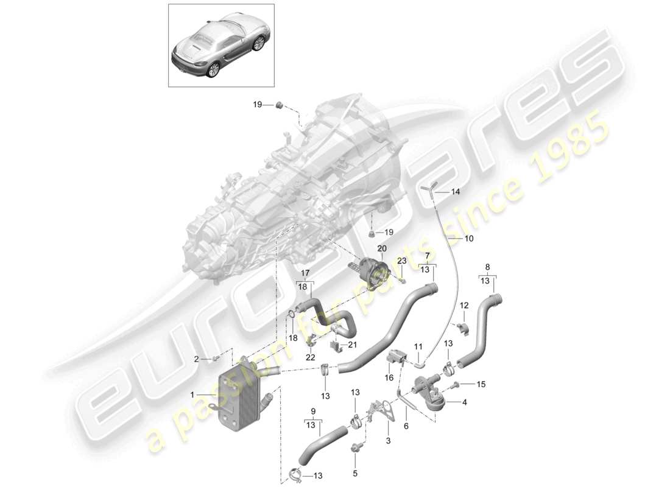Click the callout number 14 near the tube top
click(x=456, y=192)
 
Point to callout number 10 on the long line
click(x=468, y=239)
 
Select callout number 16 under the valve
click(x=389, y=378)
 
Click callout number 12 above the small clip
click(x=464, y=305)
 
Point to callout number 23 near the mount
click(x=401, y=261)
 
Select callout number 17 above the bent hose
click(x=305, y=273)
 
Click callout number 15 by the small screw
click(x=481, y=384)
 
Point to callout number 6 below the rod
click(x=406, y=426)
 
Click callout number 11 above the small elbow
click(x=418, y=346)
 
